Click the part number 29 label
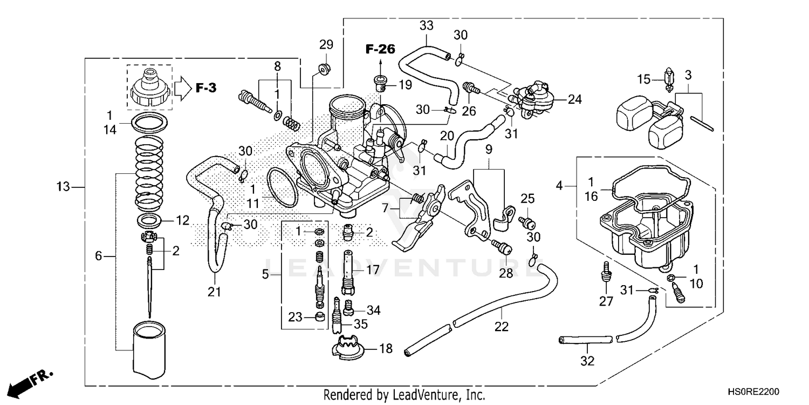coord(326,44)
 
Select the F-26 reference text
coord(380,49)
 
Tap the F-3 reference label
coord(205,87)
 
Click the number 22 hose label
coord(502,327)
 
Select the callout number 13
coord(64,187)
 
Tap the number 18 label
coord(386,348)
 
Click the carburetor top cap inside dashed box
coord(149,87)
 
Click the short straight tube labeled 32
coord(586,340)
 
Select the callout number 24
coord(575,99)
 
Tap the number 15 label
coord(644,79)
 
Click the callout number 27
coord(606,301)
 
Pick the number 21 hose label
coord(215,292)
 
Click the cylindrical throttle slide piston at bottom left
coord(149,348)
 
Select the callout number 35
coord(360,324)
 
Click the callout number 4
coord(560,186)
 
